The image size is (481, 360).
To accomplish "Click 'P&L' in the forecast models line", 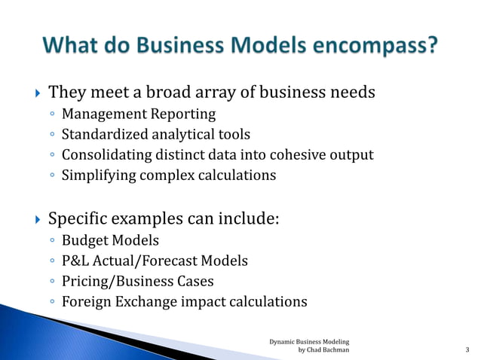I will click(x=75, y=261).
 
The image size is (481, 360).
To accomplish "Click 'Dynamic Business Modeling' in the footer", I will click(x=309, y=341).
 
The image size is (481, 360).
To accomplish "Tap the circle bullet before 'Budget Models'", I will click(x=51, y=242).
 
